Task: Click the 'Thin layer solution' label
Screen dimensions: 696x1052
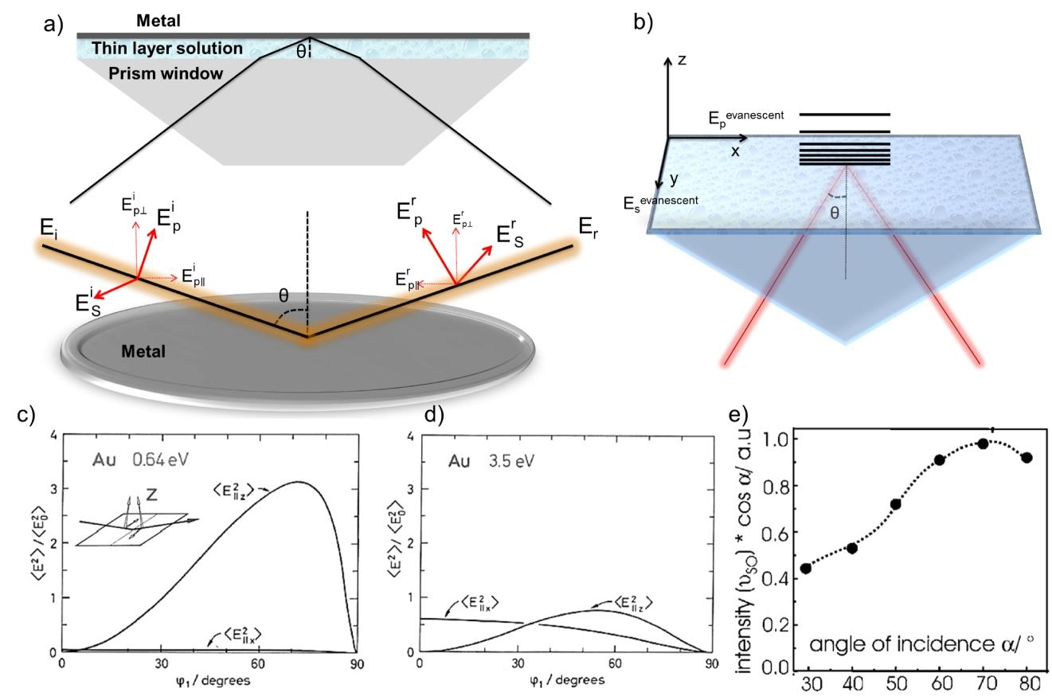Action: click(x=166, y=49)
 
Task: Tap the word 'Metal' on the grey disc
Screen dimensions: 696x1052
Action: click(x=143, y=350)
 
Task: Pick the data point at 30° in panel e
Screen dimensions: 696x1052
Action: click(x=806, y=569)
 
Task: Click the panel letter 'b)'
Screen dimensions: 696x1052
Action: click(x=643, y=22)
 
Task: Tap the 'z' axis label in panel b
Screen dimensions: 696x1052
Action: click(x=682, y=60)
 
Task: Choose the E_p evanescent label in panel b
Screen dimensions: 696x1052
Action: click(x=745, y=116)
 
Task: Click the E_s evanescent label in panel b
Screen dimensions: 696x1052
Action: click(x=660, y=201)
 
